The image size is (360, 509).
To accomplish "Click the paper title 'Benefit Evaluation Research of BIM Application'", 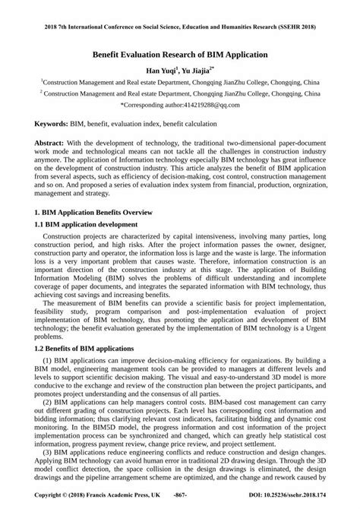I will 180,56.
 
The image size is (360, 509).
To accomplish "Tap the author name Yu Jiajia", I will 197,70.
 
